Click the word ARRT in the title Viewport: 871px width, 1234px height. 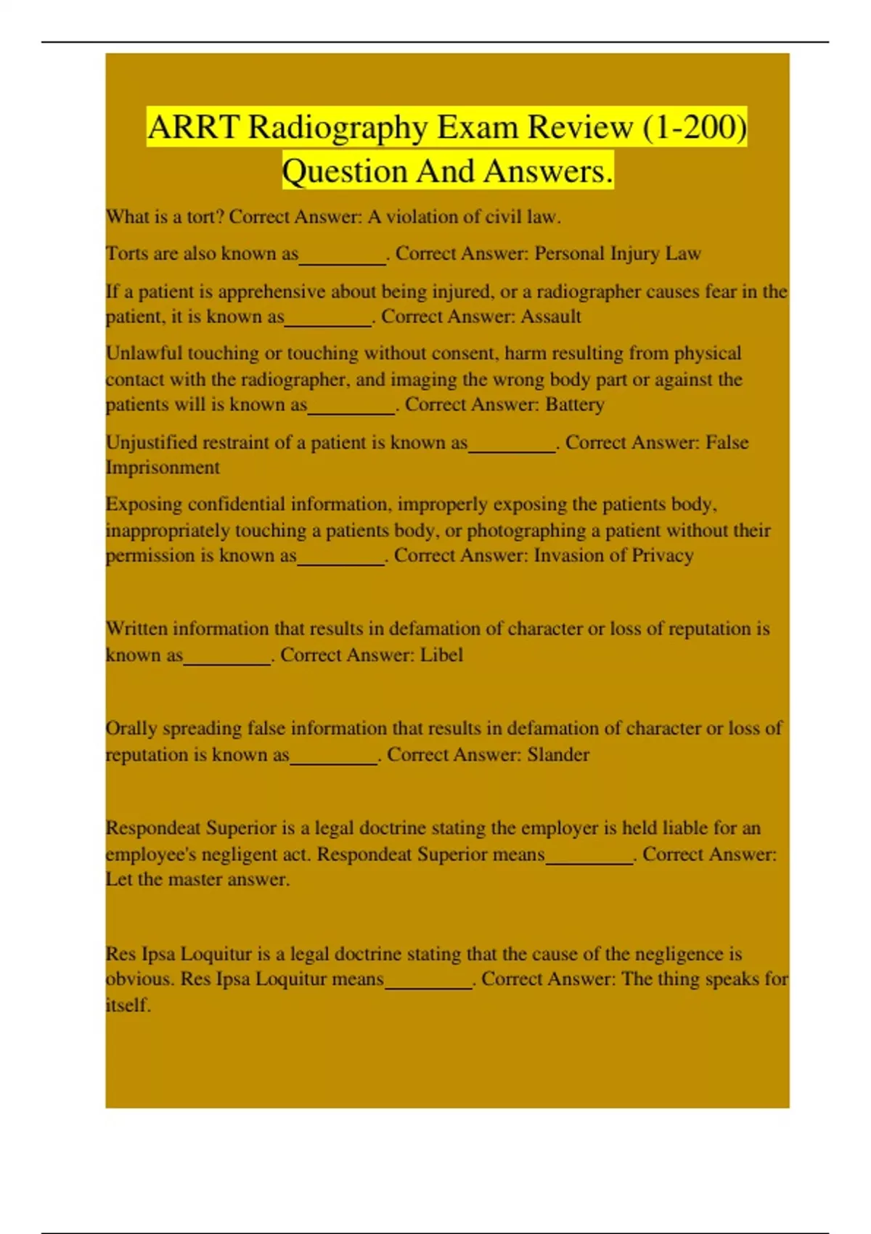(194, 128)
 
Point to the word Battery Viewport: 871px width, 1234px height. (575, 404)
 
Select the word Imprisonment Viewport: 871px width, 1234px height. (163, 467)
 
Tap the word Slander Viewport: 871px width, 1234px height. (558, 755)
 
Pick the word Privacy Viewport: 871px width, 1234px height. (663, 555)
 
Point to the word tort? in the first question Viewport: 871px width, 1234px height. (205, 216)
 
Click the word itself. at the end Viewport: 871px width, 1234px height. (128, 1005)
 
